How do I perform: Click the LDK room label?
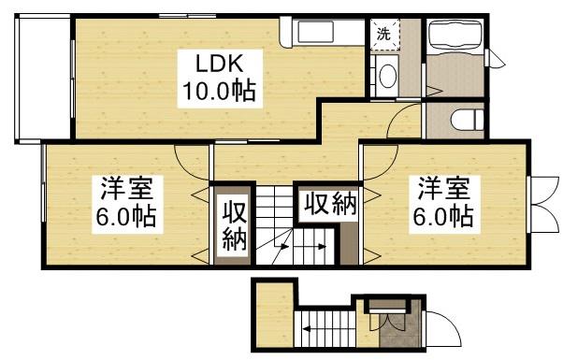tap(218, 64)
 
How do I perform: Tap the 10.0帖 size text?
tap(219, 92)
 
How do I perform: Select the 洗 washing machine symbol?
tap(383, 35)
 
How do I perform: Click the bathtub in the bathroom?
tap(454, 40)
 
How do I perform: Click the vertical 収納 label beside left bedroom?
tap(234, 225)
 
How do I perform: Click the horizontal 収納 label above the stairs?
tap(329, 204)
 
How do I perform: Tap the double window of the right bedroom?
tap(540, 200)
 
